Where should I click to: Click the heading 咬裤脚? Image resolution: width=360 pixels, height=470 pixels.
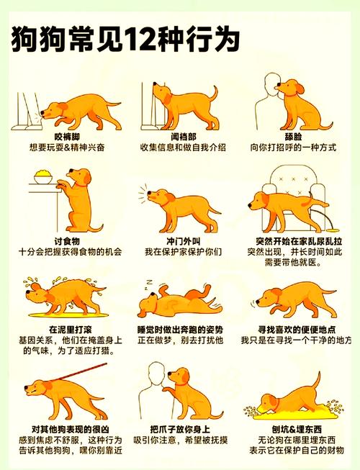point(67,136)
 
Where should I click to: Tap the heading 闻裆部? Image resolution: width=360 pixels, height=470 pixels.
point(183,136)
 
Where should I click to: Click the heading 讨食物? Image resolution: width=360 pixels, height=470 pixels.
point(67,240)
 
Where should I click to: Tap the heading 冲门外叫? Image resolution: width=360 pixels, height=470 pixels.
point(183,240)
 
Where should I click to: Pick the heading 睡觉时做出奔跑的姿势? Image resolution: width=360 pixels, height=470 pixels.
point(183,327)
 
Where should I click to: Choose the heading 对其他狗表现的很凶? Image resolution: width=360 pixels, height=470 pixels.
point(67,430)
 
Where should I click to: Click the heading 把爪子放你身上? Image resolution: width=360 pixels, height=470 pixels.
point(183,430)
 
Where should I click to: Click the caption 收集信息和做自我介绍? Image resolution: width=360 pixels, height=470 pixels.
point(183,148)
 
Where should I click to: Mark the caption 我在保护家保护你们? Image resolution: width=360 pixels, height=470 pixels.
point(183,252)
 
